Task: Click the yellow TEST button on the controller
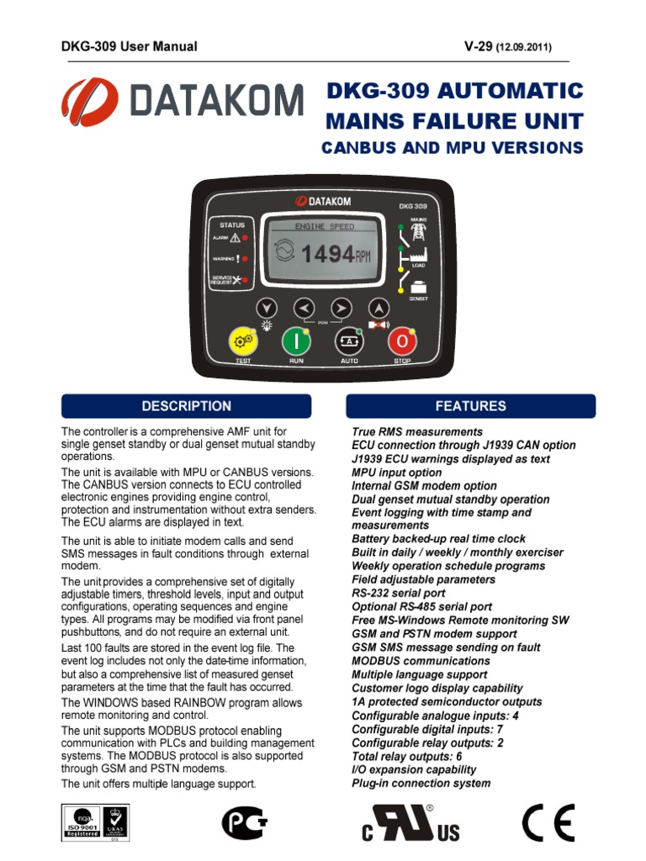[243, 341]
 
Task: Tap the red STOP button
[402, 341]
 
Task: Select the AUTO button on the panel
[349, 341]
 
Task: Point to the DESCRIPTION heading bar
[186, 406]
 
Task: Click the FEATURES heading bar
[471, 406]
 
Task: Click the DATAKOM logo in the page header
[181, 102]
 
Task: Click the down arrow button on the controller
[267, 308]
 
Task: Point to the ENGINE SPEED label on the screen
[325, 227]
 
